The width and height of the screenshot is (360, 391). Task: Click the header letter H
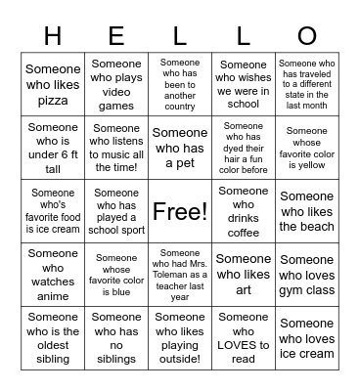pyautogui.click(x=52, y=35)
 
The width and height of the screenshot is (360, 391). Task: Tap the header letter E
pyautogui.click(x=116, y=35)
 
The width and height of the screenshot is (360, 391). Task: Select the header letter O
pyautogui.click(x=306, y=35)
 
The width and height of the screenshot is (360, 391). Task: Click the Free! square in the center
pyautogui.click(x=180, y=211)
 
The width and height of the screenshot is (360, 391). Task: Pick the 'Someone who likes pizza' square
pyautogui.click(x=53, y=84)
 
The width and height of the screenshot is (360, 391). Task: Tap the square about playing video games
pyautogui.click(x=116, y=84)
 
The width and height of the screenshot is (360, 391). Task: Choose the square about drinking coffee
pyautogui.click(x=243, y=211)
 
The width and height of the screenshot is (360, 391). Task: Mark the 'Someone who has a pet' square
pyautogui.click(x=180, y=148)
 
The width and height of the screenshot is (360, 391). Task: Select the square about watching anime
pyautogui.click(x=53, y=275)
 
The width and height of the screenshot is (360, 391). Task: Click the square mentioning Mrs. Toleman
pyautogui.click(x=180, y=275)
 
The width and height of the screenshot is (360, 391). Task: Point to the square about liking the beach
pyautogui.click(x=306, y=211)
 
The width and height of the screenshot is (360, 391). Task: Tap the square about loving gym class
pyautogui.click(x=306, y=275)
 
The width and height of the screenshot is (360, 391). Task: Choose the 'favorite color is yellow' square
pyautogui.click(x=306, y=148)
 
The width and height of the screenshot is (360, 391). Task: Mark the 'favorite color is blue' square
pyautogui.click(x=116, y=275)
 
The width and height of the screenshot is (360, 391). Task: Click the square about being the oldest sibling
pyautogui.click(x=53, y=338)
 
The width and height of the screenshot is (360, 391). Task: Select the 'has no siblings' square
pyautogui.click(x=116, y=338)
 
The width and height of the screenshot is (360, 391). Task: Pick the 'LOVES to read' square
pyautogui.click(x=243, y=338)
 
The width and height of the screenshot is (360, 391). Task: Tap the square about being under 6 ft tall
pyautogui.click(x=53, y=148)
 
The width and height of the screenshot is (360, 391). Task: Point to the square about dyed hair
pyautogui.click(x=243, y=148)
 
